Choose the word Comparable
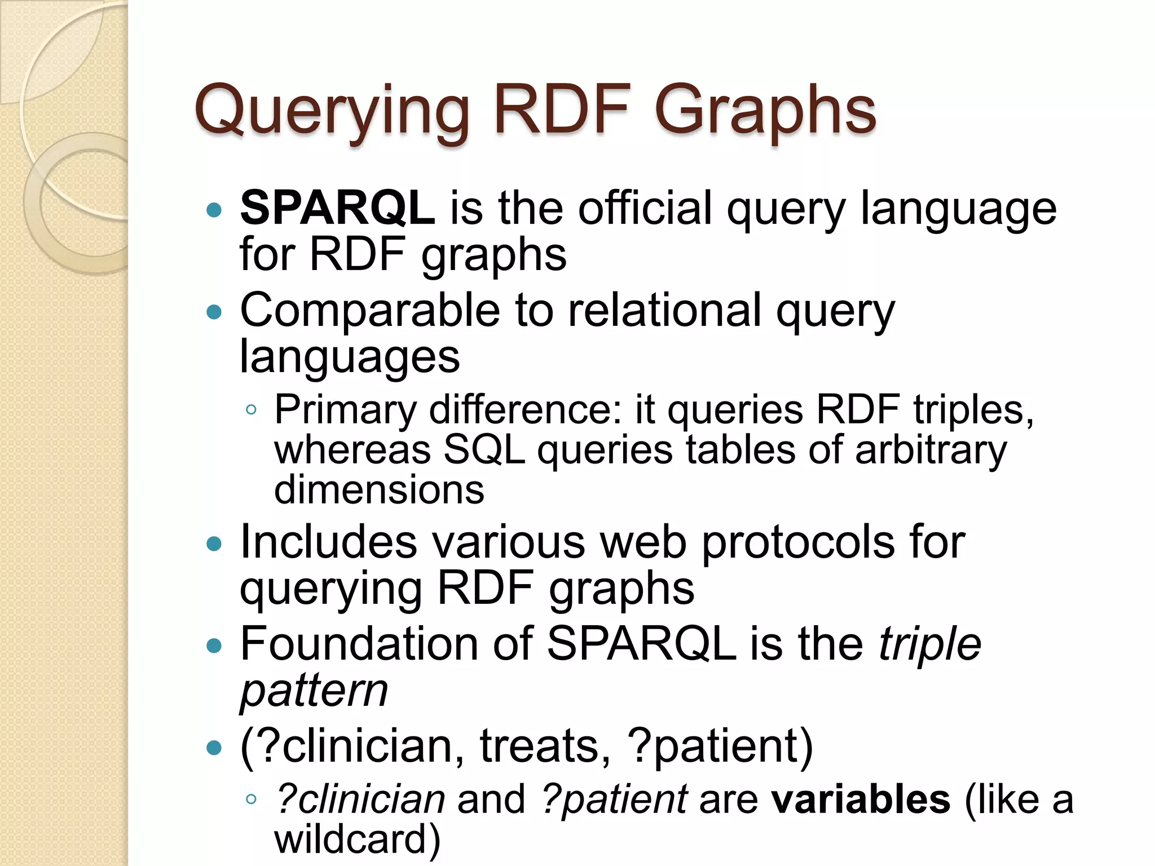(x=370, y=311)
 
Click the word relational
(x=664, y=311)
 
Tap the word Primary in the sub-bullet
(x=345, y=410)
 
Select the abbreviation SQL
(x=484, y=450)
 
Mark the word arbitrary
(x=931, y=450)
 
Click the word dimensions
(x=379, y=489)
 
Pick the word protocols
(x=797, y=543)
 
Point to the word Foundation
(x=358, y=644)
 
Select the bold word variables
(x=861, y=799)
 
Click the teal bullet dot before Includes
(x=214, y=544)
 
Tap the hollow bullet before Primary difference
(x=252, y=410)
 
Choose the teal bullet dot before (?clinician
(x=214, y=748)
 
